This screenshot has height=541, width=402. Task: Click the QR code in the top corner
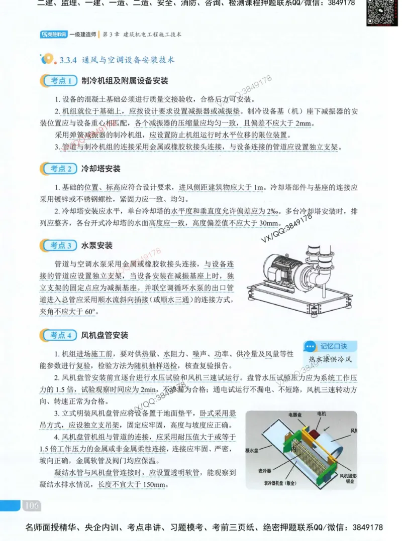click(x=381, y=12)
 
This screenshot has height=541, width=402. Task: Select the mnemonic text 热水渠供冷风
click(x=330, y=359)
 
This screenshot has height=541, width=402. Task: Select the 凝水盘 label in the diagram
click(x=252, y=450)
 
